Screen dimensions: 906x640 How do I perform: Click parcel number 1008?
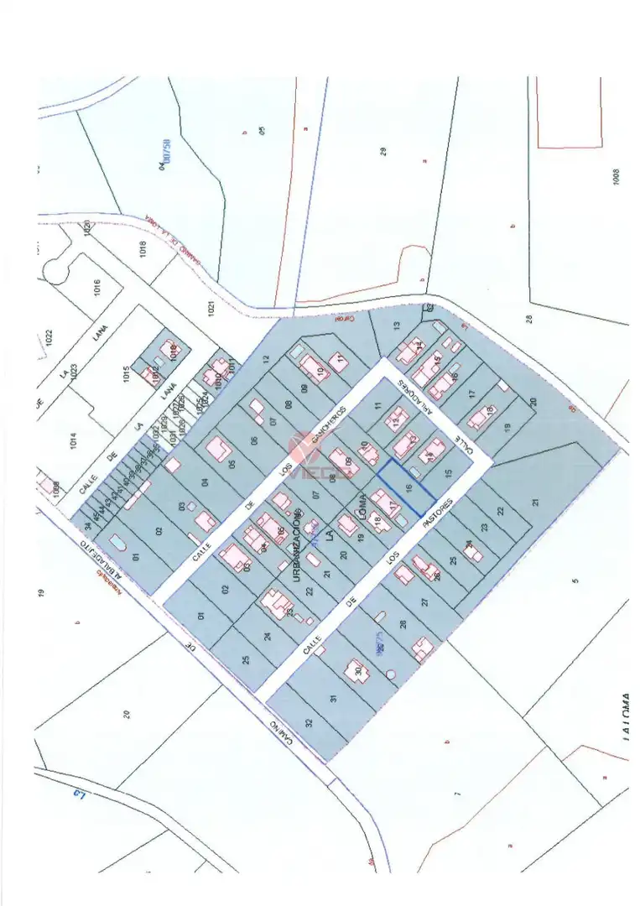point(617,177)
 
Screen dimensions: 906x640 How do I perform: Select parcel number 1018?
point(143,249)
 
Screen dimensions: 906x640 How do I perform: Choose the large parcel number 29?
point(383,152)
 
